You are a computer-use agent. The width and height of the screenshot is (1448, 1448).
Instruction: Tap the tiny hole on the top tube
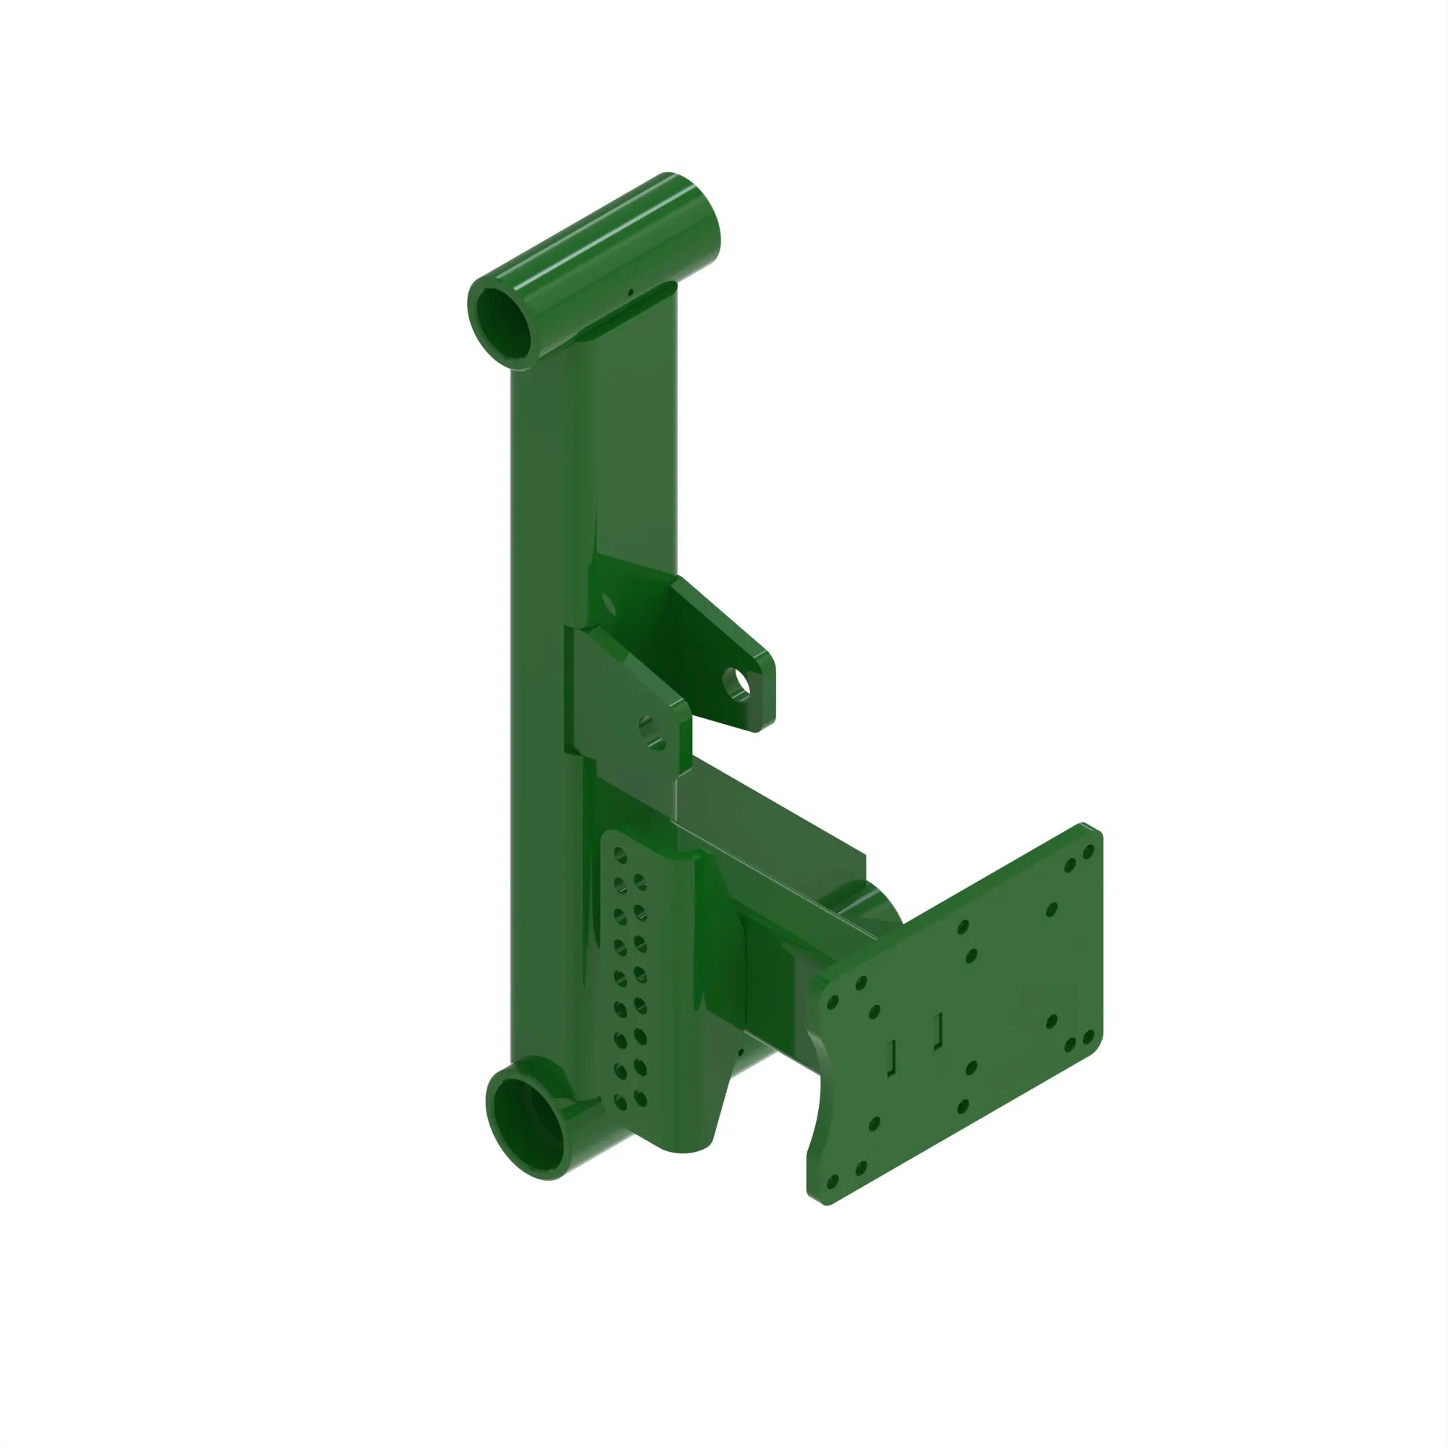[631, 292]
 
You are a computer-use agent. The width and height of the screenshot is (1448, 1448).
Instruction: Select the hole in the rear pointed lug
[738, 681]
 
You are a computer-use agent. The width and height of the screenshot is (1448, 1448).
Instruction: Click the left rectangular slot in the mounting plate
[892, 1058]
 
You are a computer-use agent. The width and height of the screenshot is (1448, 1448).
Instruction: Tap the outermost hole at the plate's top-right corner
[1088, 851]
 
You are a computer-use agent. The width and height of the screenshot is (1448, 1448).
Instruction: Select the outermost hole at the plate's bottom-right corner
[1088, 1037]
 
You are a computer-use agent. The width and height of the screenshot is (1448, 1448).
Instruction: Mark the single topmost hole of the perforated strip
[620, 855]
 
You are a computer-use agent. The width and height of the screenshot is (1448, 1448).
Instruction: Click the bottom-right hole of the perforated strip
[640, 1100]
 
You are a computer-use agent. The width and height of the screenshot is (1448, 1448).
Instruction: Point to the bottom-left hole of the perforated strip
[620, 1103]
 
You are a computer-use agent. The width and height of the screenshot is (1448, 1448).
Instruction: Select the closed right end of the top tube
[697, 217]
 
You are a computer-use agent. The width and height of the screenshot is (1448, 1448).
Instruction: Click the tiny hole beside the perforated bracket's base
[741, 1051]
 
